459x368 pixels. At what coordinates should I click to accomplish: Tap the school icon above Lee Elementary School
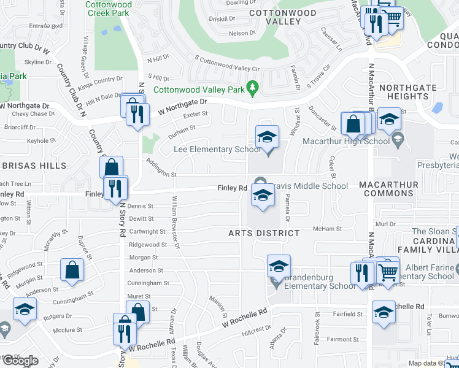point(267,137)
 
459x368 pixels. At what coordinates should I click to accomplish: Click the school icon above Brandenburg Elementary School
point(279,267)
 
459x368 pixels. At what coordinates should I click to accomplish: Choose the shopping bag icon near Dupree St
point(72,270)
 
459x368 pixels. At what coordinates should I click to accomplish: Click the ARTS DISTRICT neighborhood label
point(264,233)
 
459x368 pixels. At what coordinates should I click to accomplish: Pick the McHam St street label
point(326,229)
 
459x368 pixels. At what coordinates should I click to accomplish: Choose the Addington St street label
point(161,168)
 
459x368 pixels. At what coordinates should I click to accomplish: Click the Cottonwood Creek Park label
point(107,9)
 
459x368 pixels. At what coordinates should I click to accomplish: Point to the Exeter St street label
point(195,113)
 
